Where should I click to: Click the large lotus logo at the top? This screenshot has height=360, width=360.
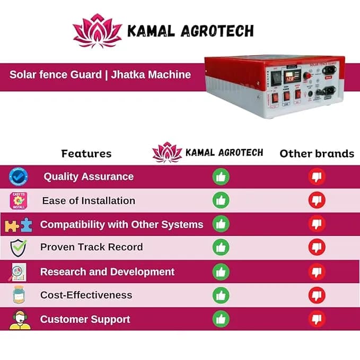pyautogui.click(x=97, y=31)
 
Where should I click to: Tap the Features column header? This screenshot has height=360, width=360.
pyautogui.click(x=86, y=154)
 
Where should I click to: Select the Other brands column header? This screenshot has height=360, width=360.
pyautogui.click(x=317, y=154)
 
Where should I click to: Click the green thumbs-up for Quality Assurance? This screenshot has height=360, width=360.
pyautogui.click(x=221, y=177)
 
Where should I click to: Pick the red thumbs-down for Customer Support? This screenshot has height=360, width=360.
pyautogui.click(x=317, y=319)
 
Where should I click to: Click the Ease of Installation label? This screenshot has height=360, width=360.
pyautogui.click(x=89, y=201)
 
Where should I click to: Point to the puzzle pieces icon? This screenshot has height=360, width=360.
pyautogui.click(x=19, y=225)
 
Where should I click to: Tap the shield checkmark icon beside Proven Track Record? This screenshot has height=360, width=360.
pyautogui.click(x=19, y=248)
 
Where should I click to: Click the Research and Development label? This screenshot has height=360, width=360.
pyautogui.click(x=107, y=272)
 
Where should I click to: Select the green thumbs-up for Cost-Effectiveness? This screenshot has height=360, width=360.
pyautogui.click(x=221, y=295)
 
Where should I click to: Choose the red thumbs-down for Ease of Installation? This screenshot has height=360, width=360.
pyautogui.click(x=317, y=200)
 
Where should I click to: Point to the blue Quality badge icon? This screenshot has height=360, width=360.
pyautogui.click(x=19, y=177)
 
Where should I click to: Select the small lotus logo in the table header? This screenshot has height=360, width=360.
pyautogui.click(x=166, y=152)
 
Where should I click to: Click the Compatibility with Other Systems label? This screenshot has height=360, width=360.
pyautogui.click(x=121, y=225)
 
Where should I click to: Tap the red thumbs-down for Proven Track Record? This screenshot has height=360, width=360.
pyautogui.click(x=317, y=248)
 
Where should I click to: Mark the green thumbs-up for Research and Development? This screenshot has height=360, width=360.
pyautogui.click(x=221, y=272)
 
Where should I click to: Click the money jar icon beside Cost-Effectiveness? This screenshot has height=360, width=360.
pyautogui.click(x=19, y=295)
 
